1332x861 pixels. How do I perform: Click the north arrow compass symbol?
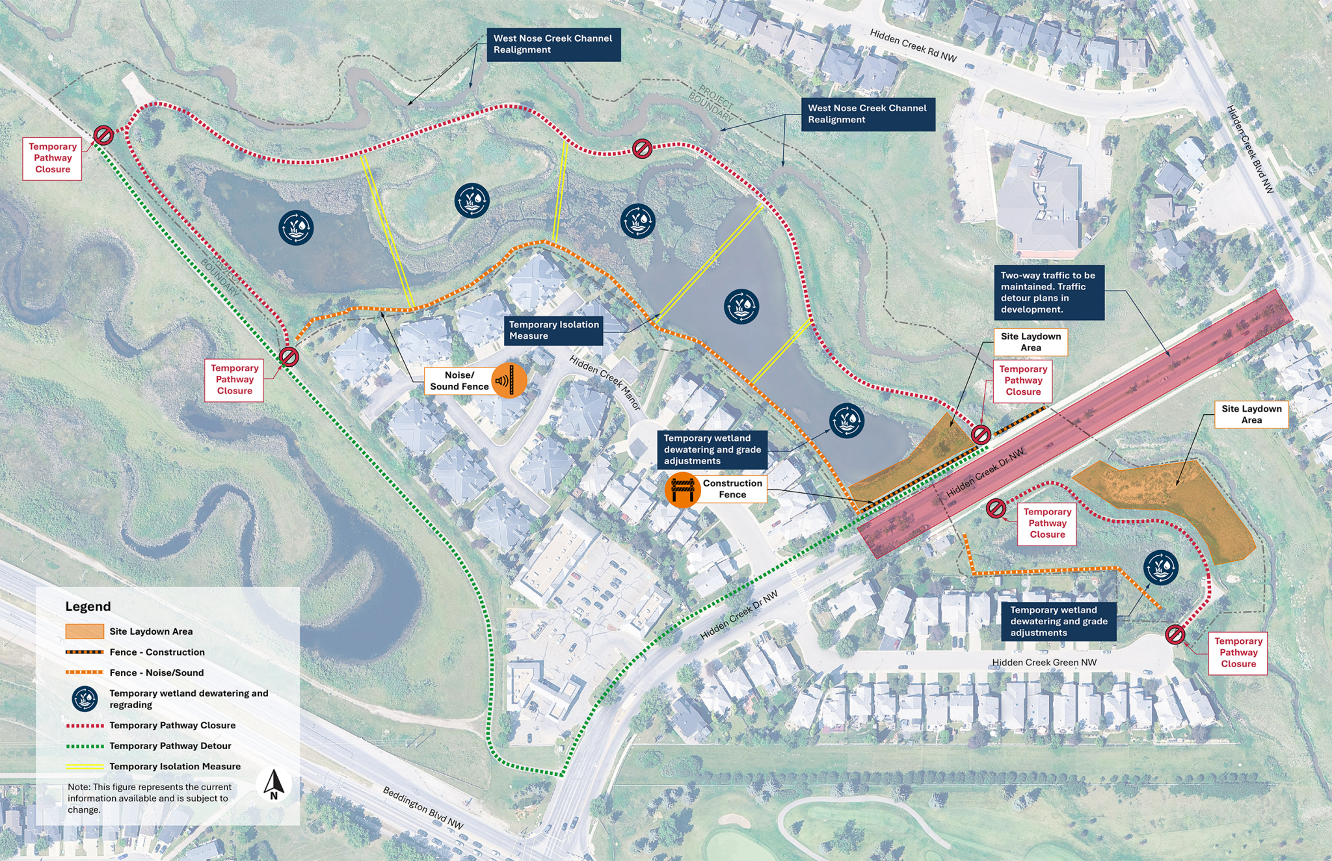coord(274,784)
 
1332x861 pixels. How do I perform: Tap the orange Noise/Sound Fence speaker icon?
coord(509,380)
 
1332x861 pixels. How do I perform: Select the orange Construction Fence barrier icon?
coord(682,490)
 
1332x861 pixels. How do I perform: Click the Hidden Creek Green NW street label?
coord(1044,662)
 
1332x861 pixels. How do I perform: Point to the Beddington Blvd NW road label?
coord(423,808)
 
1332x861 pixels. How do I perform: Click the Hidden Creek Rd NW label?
coord(913,46)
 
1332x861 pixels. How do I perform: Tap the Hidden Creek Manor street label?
coord(605,383)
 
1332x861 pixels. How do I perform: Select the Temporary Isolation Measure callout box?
coord(553,330)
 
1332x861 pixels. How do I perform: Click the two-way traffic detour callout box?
coord(1048,292)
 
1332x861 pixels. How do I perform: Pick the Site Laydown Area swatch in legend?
coord(84,631)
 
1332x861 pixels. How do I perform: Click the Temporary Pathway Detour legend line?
coord(84,746)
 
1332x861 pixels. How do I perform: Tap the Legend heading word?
coord(88,607)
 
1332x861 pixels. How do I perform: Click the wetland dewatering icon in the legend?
coord(85,698)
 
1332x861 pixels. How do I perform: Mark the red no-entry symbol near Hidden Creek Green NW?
coord(1175,634)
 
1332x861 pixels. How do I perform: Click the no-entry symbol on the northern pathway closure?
coord(642,149)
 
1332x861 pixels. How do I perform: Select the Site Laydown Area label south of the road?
coord(1251,414)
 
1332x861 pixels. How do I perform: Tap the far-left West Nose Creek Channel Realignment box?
coord(553,44)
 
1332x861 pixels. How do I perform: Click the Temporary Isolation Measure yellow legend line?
coord(84,767)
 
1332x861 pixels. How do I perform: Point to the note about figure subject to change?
coord(150,798)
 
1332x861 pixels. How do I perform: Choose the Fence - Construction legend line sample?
coord(84,652)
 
